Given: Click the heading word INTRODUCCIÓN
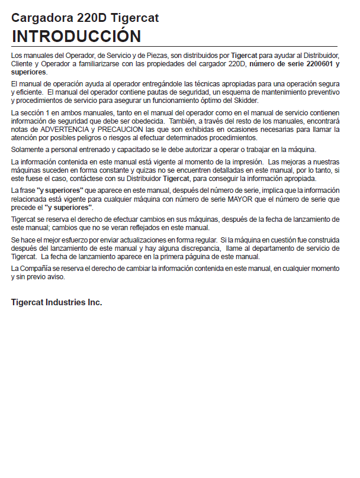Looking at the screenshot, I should (76, 35).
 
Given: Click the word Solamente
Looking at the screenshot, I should (27, 148).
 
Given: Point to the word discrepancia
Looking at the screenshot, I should (192, 249).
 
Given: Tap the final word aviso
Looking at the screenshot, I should (56, 276).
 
